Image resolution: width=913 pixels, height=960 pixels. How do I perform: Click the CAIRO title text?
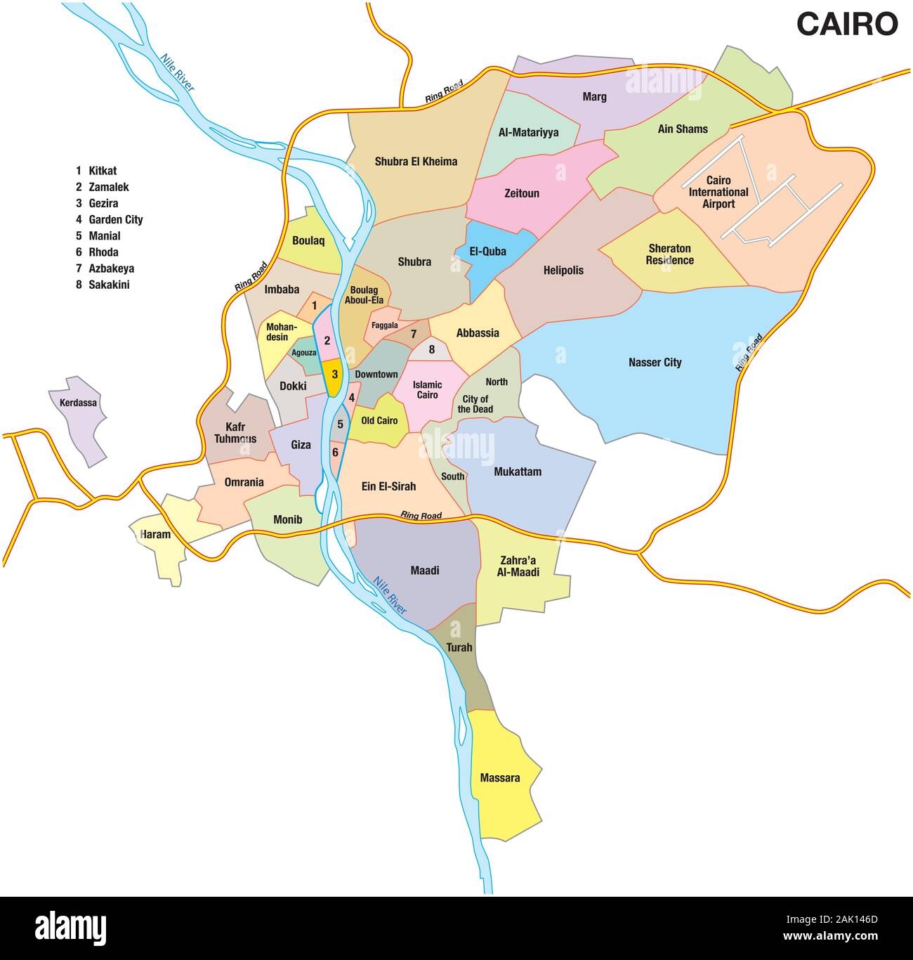point(846,23)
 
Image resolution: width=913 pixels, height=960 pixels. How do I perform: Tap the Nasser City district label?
point(655,363)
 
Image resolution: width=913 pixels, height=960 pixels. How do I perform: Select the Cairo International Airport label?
point(718,192)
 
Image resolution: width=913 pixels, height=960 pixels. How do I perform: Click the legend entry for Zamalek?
point(108,187)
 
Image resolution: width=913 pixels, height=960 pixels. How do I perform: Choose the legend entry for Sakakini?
point(108,285)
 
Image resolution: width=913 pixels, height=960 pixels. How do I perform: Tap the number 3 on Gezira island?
point(335,375)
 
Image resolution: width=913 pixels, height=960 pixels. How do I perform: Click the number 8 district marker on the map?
point(432,349)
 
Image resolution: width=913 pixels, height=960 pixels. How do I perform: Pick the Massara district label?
point(500,778)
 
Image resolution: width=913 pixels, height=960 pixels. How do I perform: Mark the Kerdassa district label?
point(74,403)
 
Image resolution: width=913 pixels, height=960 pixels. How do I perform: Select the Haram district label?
point(155,534)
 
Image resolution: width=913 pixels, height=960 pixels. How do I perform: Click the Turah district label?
point(459,647)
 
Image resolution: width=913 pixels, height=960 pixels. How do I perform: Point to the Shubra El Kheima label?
point(416,162)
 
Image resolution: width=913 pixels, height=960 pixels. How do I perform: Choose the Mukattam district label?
point(518,472)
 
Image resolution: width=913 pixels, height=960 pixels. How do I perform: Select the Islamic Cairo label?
point(427,389)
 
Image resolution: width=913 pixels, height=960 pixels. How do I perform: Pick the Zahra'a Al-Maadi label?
point(520,566)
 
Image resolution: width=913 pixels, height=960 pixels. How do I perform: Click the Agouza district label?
point(304,353)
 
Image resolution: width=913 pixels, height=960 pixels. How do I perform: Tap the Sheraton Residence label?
point(670,254)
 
